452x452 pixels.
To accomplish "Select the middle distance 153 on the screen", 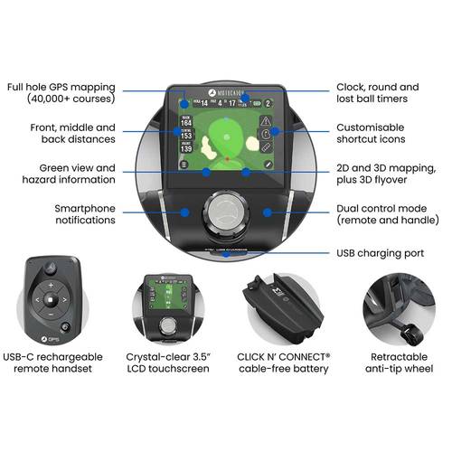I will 188,140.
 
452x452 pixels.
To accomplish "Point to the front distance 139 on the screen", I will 188,157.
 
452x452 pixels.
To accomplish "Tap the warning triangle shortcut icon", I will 265,121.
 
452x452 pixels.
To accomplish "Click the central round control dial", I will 225,213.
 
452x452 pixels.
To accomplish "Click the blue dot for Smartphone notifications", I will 185,213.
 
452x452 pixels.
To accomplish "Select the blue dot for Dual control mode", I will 267,213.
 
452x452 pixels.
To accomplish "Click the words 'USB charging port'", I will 380,253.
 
